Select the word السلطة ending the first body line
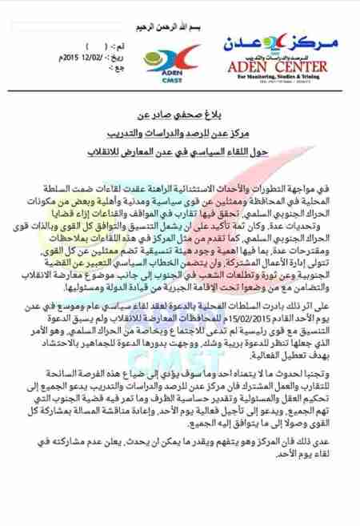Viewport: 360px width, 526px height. tap(43, 187)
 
